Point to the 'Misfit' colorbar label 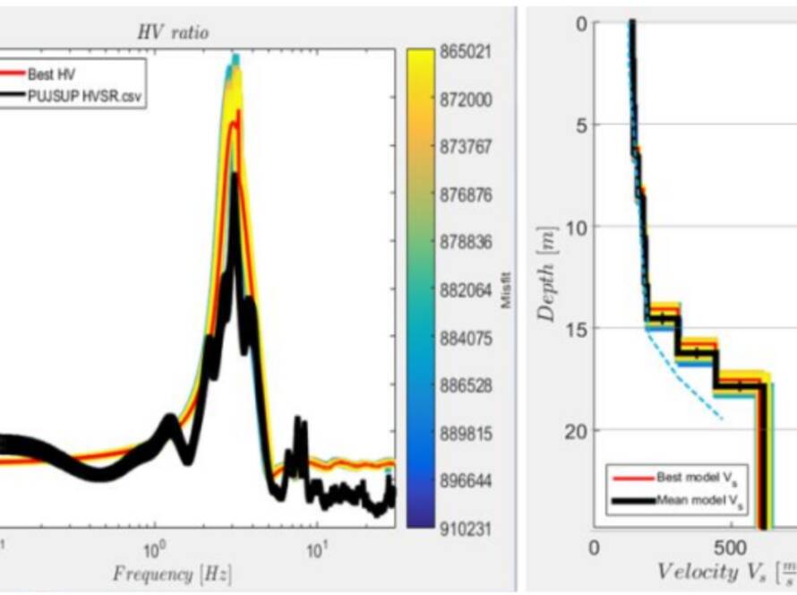tap(507, 292)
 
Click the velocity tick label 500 tap(731, 547)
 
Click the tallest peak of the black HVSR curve tap(235, 177)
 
